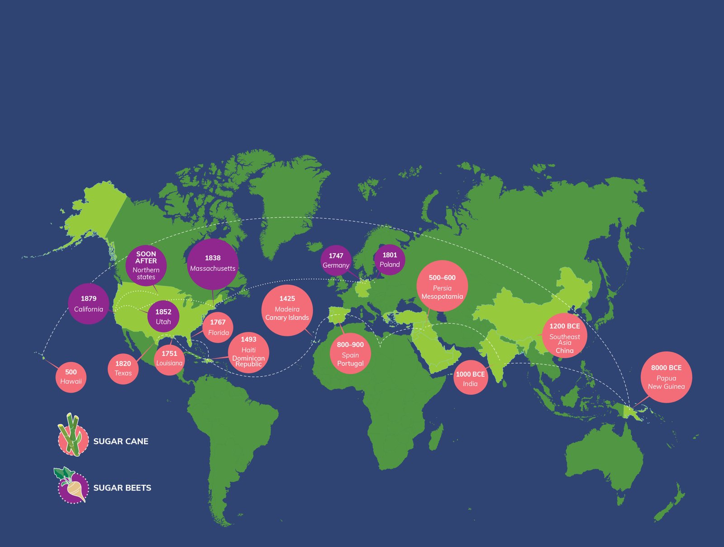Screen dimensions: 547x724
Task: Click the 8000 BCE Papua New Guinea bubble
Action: pyautogui.click(x=666, y=377)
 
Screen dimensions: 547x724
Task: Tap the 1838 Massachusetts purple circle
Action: pyautogui.click(x=213, y=264)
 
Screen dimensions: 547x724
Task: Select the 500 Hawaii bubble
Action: pyautogui.click(x=71, y=377)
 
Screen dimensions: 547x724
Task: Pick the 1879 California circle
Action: pyautogui.click(x=89, y=304)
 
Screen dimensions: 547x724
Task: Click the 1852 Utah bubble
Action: pyautogui.click(x=163, y=317)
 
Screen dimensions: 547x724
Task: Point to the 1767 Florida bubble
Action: pyautogui.click(x=218, y=327)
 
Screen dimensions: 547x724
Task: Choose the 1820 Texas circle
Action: pyautogui.click(x=123, y=369)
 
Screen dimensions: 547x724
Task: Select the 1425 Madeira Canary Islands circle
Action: pyautogui.click(x=287, y=310)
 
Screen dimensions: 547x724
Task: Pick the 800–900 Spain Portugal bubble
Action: pyautogui.click(x=350, y=354)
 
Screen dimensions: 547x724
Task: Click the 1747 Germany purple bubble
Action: pyautogui.click(x=336, y=260)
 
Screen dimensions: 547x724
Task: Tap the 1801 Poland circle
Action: pyautogui.click(x=390, y=259)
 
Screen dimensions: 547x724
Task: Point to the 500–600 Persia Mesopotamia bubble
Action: pyautogui.click(x=442, y=286)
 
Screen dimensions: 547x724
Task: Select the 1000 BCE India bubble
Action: pyautogui.click(x=471, y=377)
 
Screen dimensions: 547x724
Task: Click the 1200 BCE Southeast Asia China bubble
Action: pyautogui.click(x=564, y=336)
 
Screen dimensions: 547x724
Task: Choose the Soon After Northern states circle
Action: pyautogui.click(x=146, y=265)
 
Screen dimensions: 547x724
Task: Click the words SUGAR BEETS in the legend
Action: pyautogui.click(x=122, y=488)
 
